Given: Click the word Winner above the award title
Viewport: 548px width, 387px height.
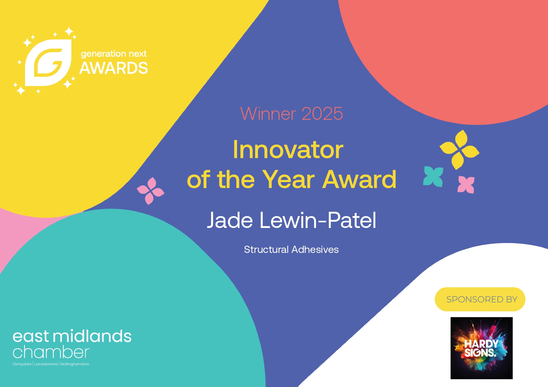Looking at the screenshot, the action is click(x=268, y=114).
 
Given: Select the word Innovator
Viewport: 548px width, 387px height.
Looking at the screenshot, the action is click(x=288, y=150).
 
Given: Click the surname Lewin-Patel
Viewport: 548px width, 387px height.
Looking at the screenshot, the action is click(x=318, y=220).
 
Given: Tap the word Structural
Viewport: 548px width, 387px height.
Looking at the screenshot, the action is click(x=266, y=249).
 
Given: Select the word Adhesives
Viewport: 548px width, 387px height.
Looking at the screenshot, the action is click(x=315, y=249).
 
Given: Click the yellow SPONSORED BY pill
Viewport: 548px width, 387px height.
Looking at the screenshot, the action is click(x=480, y=299).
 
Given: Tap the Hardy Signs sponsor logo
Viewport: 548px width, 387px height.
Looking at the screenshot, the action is click(x=481, y=348).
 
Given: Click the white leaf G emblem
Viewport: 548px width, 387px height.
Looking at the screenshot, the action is click(x=48, y=63).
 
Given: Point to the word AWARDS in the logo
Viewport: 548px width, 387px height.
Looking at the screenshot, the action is click(x=114, y=68).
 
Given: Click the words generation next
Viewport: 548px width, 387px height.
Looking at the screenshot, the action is click(x=114, y=54).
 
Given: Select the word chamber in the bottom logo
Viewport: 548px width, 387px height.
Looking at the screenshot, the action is click(x=51, y=352).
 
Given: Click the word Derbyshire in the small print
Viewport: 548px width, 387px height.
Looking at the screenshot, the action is click(x=22, y=364).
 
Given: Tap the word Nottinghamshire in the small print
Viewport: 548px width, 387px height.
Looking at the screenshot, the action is click(x=75, y=364).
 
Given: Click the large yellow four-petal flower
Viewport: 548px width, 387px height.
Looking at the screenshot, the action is click(x=460, y=150).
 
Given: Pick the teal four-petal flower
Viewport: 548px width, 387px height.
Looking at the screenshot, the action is click(x=433, y=177).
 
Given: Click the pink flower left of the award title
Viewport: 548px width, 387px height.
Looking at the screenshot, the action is click(x=151, y=191).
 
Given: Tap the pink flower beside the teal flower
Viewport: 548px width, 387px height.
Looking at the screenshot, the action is click(x=466, y=185).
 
